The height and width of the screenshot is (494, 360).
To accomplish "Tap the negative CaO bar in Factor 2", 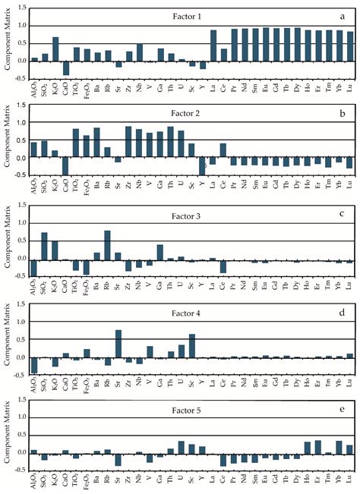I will (66, 165).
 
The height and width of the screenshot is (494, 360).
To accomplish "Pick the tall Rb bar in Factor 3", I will (108, 245).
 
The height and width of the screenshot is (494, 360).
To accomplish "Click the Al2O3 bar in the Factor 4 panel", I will (34, 365).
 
